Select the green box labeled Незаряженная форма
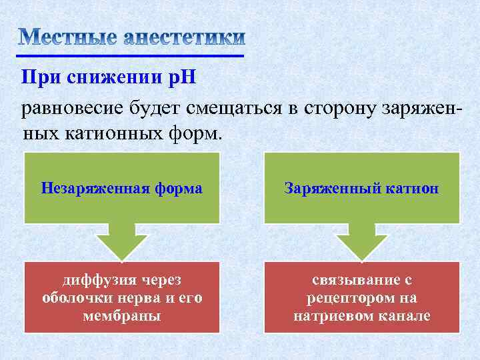[x=121, y=188]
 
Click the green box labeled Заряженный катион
[x=361, y=188]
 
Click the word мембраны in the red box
[x=121, y=315]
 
